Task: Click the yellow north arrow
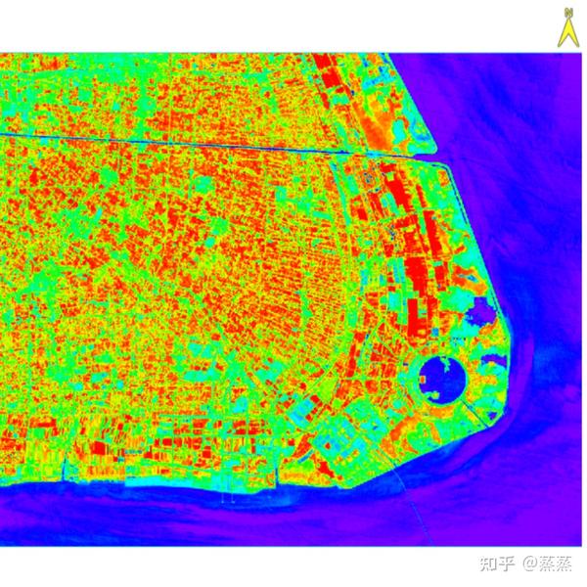point(564,31)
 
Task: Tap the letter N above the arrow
point(564,13)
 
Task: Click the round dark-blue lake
point(436,377)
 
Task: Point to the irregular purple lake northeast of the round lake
point(481,316)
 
